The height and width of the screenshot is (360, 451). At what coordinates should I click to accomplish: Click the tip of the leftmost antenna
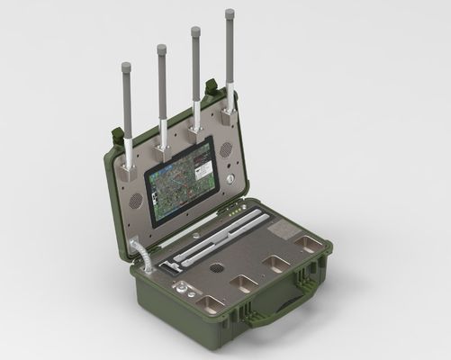125,66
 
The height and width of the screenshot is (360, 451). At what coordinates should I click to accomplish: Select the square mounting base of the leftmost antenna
130,166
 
